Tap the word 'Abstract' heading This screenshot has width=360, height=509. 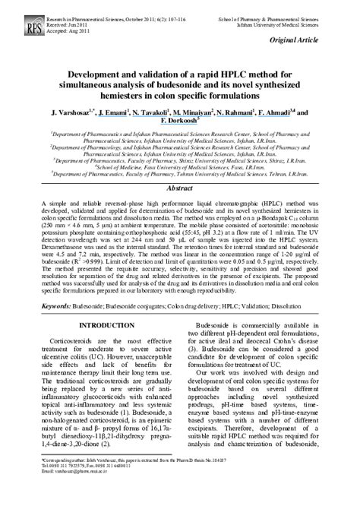tap(179, 187)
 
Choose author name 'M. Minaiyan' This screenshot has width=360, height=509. tap(198, 111)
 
